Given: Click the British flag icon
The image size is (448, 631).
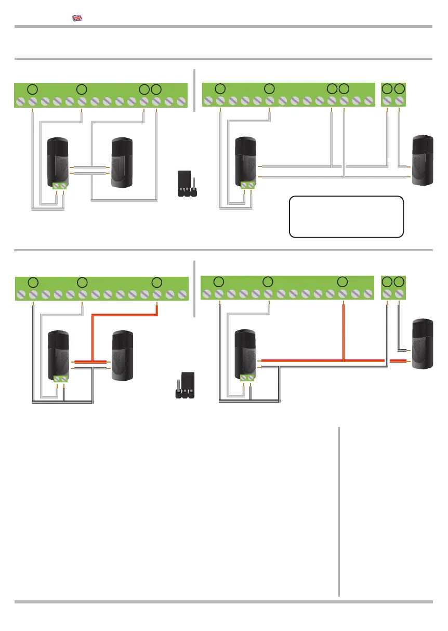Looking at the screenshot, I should pos(77,18).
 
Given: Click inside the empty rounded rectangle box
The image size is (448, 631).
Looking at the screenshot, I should pos(347,216).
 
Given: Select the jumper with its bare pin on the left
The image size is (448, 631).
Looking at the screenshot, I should pos(185,385).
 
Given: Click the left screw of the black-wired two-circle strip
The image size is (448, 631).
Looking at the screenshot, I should pos(387,294).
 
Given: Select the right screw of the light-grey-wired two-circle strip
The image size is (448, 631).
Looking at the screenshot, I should pos(399,100).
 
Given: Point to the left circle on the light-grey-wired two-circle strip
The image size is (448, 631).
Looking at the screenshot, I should pos(387,89).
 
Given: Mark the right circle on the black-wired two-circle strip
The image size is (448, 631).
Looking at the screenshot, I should pos(399,282).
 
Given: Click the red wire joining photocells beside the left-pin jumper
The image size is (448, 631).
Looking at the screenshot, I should pos(90,361).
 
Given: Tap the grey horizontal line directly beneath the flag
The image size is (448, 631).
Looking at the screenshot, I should pos(223,26).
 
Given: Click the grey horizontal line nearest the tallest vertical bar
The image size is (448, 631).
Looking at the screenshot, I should pos(223,602).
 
